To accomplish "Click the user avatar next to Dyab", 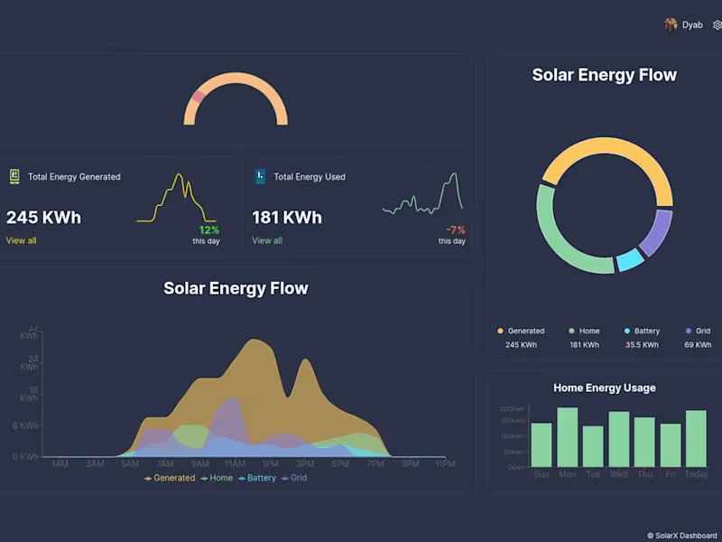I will (x=671, y=25).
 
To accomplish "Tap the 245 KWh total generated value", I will (x=43, y=218).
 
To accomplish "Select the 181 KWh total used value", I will (x=287, y=218).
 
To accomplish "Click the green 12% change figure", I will (x=209, y=230).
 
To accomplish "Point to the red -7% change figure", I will (x=456, y=230).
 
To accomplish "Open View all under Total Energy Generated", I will (x=22, y=241).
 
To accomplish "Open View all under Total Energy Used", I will (x=267, y=241).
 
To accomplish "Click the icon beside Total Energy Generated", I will (x=14, y=176).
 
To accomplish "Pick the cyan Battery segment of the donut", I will (x=630, y=260).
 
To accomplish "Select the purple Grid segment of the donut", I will (x=657, y=232).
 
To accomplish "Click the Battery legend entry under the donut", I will (x=642, y=332).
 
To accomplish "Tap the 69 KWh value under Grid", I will (x=698, y=345).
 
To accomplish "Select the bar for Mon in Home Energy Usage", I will (x=567, y=437).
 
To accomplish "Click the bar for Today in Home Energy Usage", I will (x=696, y=439).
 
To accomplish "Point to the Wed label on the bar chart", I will (x=618, y=474).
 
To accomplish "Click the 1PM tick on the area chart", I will (x=270, y=464).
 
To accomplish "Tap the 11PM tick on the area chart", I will (x=445, y=464).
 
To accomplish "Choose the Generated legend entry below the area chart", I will (x=170, y=478).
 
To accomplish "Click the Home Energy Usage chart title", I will (x=605, y=388).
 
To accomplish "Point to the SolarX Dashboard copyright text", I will (x=681, y=536).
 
